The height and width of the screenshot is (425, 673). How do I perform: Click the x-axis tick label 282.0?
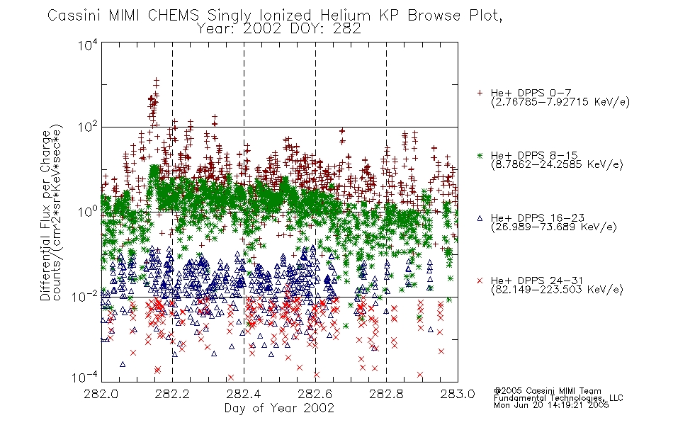101,394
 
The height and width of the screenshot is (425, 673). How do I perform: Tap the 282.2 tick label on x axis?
173,394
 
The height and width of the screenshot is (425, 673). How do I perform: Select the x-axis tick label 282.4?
244,394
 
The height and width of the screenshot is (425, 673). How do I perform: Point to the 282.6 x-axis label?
315,394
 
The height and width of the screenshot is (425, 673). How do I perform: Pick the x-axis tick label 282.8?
386,394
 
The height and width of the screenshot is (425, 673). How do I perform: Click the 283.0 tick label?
458,394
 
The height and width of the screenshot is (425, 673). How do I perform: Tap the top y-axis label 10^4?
88,45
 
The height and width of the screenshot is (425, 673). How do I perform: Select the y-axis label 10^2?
88,127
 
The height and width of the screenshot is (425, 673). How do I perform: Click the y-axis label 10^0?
88,212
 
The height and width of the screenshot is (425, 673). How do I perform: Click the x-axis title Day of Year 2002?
279,408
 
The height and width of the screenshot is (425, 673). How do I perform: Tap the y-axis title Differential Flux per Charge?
46,215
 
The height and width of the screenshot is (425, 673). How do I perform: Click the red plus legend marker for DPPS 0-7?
480,93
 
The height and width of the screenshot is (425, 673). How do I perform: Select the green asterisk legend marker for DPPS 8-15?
480,155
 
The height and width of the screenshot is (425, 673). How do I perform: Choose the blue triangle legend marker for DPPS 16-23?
480,218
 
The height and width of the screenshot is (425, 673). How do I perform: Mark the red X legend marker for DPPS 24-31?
480,280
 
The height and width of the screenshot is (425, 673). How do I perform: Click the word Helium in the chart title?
345,16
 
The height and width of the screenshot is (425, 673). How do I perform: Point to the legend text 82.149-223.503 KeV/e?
557,290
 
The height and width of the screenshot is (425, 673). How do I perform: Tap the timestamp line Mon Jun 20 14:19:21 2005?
551,405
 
